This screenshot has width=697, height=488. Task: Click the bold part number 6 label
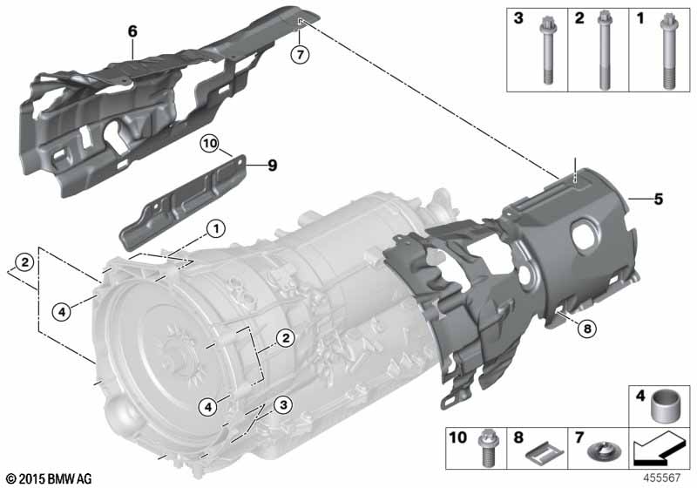(x=132, y=31)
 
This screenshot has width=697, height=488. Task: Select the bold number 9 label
(x=273, y=164)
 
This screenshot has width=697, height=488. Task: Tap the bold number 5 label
(x=659, y=199)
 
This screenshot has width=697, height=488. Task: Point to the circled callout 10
(x=209, y=144)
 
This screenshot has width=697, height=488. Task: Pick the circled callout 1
(x=215, y=230)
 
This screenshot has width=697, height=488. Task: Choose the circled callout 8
(x=587, y=329)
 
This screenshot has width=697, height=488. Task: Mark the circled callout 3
(x=281, y=404)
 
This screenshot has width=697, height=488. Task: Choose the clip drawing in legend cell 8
(x=542, y=453)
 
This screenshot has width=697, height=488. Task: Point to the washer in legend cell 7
(x=600, y=453)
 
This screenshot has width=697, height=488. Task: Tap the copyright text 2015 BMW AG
(x=49, y=478)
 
